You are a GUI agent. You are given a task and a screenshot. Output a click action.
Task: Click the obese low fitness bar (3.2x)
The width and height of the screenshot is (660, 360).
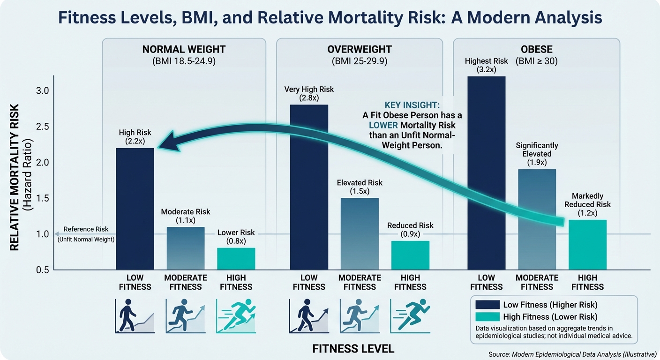click(486, 173)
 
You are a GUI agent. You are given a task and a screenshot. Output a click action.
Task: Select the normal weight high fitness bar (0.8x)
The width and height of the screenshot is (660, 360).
click(236, 259)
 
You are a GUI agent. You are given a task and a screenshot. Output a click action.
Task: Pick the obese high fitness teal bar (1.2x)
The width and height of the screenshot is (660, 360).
click(587, 245)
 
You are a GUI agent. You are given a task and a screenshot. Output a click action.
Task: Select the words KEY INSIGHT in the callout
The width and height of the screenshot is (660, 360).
click(412, 105)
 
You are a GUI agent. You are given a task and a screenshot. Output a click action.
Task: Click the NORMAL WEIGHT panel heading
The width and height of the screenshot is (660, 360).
click(184, 49)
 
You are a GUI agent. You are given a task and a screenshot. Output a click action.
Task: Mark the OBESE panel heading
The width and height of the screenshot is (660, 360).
click(536, 49)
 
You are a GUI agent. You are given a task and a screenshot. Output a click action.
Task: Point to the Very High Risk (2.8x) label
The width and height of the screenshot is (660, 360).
click(309, 94)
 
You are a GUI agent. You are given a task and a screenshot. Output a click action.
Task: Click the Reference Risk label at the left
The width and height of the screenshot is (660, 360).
click(86, 229)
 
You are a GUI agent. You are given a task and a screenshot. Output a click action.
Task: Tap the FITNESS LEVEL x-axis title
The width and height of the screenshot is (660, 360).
click(353, 349)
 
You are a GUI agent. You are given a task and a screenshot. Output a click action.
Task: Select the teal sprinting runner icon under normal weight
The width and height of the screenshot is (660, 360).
click(236, 316)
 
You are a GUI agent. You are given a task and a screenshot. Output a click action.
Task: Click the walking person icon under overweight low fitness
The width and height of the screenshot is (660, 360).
click(309, 316)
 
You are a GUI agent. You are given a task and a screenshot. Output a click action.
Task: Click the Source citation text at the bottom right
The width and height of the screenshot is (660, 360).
click(572, 355)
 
